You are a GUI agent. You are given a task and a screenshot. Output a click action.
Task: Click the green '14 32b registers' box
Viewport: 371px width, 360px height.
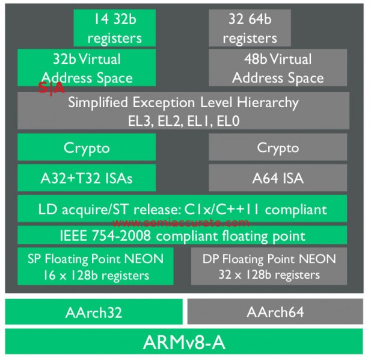[114, 28]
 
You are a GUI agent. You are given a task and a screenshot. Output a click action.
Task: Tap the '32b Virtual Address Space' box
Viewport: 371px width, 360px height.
[87, 68]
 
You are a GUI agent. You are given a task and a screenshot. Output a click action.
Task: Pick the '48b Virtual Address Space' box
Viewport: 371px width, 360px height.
[278, 68]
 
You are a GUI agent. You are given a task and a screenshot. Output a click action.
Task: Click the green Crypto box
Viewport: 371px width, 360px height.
[87, 147]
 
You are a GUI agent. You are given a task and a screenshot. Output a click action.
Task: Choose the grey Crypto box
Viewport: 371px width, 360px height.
[278, 147]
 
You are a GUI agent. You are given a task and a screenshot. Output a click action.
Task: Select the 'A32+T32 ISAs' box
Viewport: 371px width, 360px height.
[87, 178]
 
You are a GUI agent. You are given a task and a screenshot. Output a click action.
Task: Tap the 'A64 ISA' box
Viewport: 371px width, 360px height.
[278, 178]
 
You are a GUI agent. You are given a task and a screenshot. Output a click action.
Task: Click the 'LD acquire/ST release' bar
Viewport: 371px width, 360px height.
[183, 209]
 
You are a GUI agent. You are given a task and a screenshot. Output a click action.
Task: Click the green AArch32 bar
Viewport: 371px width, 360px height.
[94, 312]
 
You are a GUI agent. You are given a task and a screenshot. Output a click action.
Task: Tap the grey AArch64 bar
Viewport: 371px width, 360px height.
[275, 312]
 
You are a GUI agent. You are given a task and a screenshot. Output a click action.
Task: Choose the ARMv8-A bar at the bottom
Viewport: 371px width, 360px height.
[184, 341]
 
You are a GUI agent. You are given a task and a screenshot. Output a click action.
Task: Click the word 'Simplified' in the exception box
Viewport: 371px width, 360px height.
[98, 102]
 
